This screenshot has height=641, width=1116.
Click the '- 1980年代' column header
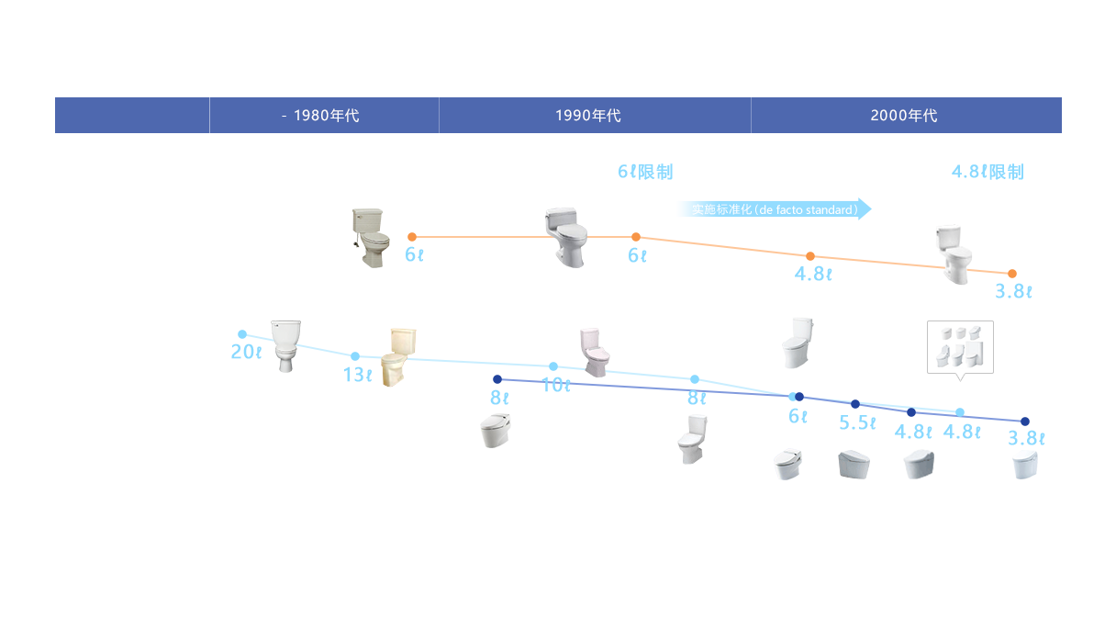tap(320, 116)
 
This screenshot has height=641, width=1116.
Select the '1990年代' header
tap(588, 116)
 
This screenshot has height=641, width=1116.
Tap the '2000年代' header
tap(904, 116)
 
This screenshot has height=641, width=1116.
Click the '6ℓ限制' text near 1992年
tap(644, 172)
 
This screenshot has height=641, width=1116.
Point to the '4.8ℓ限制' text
tap(987, 172)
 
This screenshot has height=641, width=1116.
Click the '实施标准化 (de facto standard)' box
tap(771, 209)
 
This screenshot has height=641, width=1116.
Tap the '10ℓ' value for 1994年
tap(556, 386)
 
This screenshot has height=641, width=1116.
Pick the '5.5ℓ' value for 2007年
tap(855, 422)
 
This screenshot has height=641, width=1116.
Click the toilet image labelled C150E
tap(286, 346)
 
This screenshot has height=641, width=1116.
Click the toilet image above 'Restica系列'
tap(692, 440)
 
